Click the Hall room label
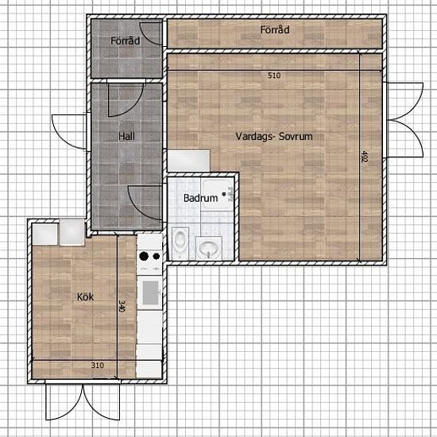coord(126,137)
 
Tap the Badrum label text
coord(201,198)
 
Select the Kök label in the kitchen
coord(85,297)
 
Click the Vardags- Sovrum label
coord(274,137)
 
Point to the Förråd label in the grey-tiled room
coord(125,41)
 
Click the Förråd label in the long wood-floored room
coord(275,29)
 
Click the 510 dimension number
coord(274,75)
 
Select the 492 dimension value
coord(364,157)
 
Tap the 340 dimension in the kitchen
coord(122,306)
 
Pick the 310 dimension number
coord(98,365)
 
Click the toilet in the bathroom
coord(180,242)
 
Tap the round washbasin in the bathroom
coord(209,247)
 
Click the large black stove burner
coord(144,256)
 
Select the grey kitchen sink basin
coord(151,292)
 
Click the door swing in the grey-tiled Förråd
coord(151,33)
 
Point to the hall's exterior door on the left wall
coord(70,132)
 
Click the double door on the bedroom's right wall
coord(404,120)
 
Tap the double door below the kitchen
coord(83,401)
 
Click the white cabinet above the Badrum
coord(188,160)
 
